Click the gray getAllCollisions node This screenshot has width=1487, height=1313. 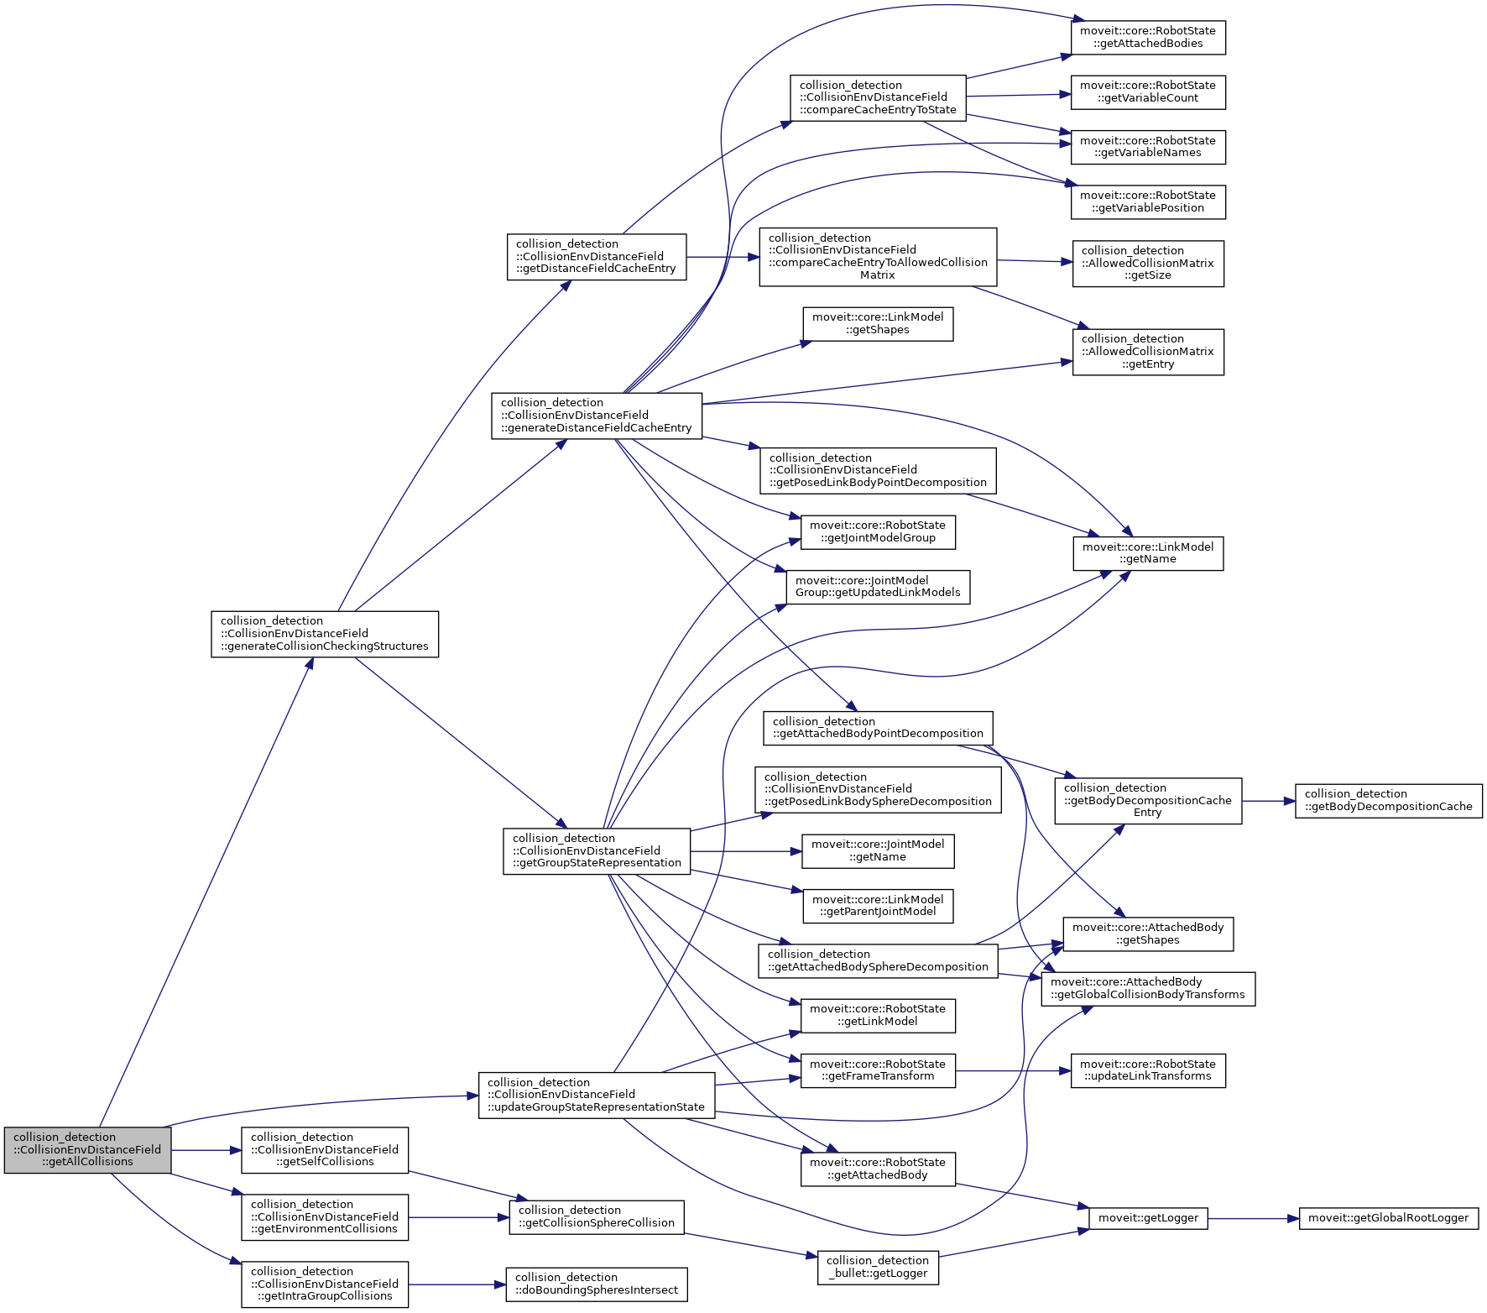tap(87, 1149)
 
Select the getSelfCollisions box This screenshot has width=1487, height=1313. tap(324, 1149)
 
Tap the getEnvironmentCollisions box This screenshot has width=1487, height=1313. tap(324, 1216)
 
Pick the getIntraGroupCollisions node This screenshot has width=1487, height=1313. tap(324, 1284)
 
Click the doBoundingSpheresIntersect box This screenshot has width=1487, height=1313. tap(596, 1284)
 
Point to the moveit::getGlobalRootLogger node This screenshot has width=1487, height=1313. tap(1388, 1217)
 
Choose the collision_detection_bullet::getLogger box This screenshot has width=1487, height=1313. tap(877, 1267)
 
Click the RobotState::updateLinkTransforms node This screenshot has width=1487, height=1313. tap(1147, 1070)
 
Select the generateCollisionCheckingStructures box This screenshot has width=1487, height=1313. tap(324, 634)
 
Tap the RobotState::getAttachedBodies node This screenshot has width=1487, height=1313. tap(1147, 37)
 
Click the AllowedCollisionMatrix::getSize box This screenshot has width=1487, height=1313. tap(1147, 263)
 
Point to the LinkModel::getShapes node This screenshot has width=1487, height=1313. tap(877, 323)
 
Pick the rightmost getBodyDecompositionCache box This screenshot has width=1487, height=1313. tap(1388, 800)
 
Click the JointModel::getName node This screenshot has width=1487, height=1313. tap(877, 850)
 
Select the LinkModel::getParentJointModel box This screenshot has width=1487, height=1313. tap(877, 906)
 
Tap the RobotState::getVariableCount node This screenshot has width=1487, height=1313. tap(1147, 92)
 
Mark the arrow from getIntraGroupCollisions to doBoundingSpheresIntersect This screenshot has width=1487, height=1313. tap(457, 1284)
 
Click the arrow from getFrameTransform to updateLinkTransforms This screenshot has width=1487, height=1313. tap(1013, 1070)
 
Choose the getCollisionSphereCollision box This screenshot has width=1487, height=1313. tap(596, 1216)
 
